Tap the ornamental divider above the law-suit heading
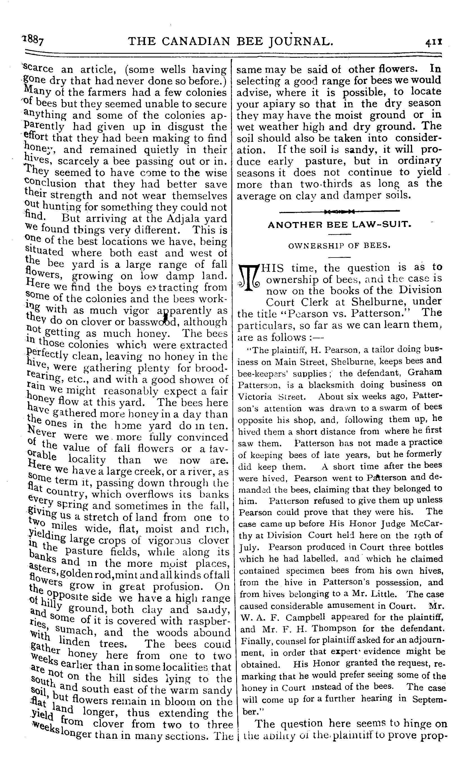coord(339,211)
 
